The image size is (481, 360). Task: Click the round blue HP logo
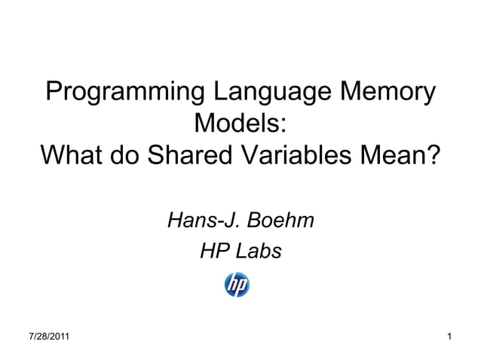(x=237, y=285)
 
